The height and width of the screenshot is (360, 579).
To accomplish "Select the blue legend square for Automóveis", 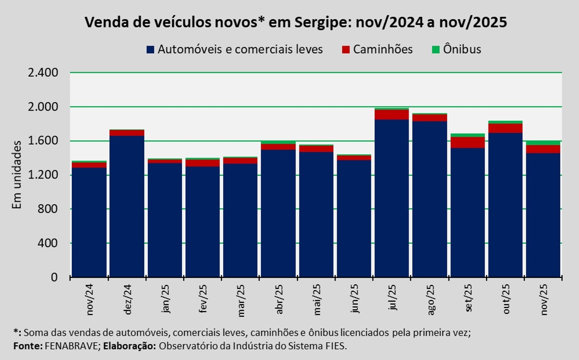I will coord(150,49).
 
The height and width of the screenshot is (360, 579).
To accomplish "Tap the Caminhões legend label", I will coord(383,49).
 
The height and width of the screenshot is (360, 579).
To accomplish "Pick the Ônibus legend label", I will coord(462,49).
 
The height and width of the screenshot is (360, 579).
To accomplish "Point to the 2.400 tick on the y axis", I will coord(43,73).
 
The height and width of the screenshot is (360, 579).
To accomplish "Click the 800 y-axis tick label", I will coord(49,209).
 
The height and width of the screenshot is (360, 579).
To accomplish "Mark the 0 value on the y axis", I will coord(55,277).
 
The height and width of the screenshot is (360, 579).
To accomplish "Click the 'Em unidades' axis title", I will coord(17,175).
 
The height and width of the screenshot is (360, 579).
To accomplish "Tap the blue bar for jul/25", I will coord(391,198).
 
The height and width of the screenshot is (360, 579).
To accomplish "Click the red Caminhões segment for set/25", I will coord(467,142).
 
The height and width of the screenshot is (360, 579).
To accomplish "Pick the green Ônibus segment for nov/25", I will coord(543,142).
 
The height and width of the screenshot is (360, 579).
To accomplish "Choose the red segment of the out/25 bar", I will coord(505,128).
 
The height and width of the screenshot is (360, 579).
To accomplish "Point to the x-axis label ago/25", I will coord(430,301).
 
